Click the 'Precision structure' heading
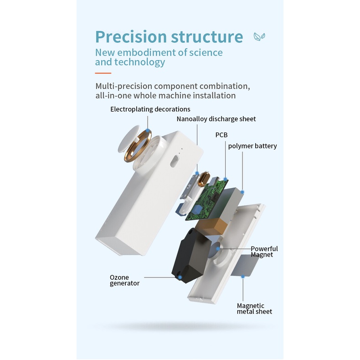click(x=169, y=37)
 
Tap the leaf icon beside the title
click(x=259, y=36)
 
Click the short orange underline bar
click(x=103, y=73)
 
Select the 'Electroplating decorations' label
click(x=150, y=109)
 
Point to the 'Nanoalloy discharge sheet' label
click(x=216, y=119)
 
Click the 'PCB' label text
click(x=221, y=135)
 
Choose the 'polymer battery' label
click(x=252, y=146)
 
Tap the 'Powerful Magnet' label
click(x=264, y=252)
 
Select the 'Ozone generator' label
click(x=124, y=280)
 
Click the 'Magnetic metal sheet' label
click(x=254, y=309)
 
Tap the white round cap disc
click(x=129, y=139)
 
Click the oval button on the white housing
click(x=175, y=161)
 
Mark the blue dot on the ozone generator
click(x=180, y=278)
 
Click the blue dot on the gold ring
click(x=148, y=131)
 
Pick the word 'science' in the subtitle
click(x=206, y=52)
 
